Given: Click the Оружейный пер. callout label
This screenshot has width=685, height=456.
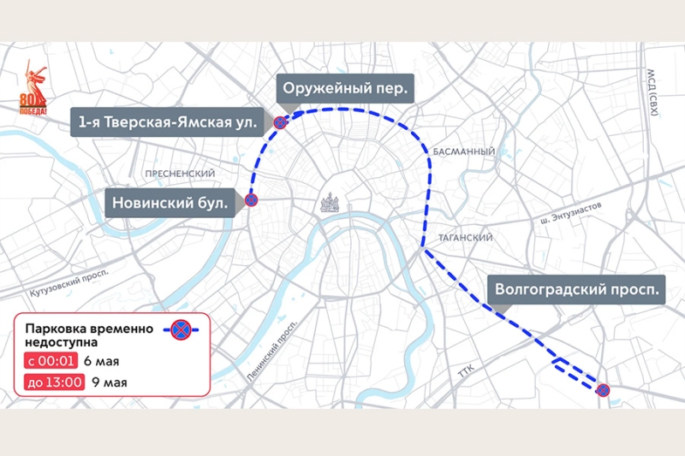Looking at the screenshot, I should [346, 88].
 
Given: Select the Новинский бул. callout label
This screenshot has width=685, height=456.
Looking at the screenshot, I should [170, 203].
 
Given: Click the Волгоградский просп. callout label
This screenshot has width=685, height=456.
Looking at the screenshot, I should [577, 289].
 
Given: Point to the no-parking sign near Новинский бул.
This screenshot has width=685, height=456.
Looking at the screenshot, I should [251, 200].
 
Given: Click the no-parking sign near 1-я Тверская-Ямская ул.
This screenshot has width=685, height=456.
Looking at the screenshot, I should [279, 123].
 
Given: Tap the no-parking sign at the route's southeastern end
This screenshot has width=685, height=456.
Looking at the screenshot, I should [602, 390].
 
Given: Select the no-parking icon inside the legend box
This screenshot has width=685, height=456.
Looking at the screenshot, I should [180, 329].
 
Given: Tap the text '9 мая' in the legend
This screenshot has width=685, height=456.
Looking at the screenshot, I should [109, 382].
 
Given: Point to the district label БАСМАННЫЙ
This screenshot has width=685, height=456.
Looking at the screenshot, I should [463, 151].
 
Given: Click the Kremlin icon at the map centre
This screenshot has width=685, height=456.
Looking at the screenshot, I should [331, 204].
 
